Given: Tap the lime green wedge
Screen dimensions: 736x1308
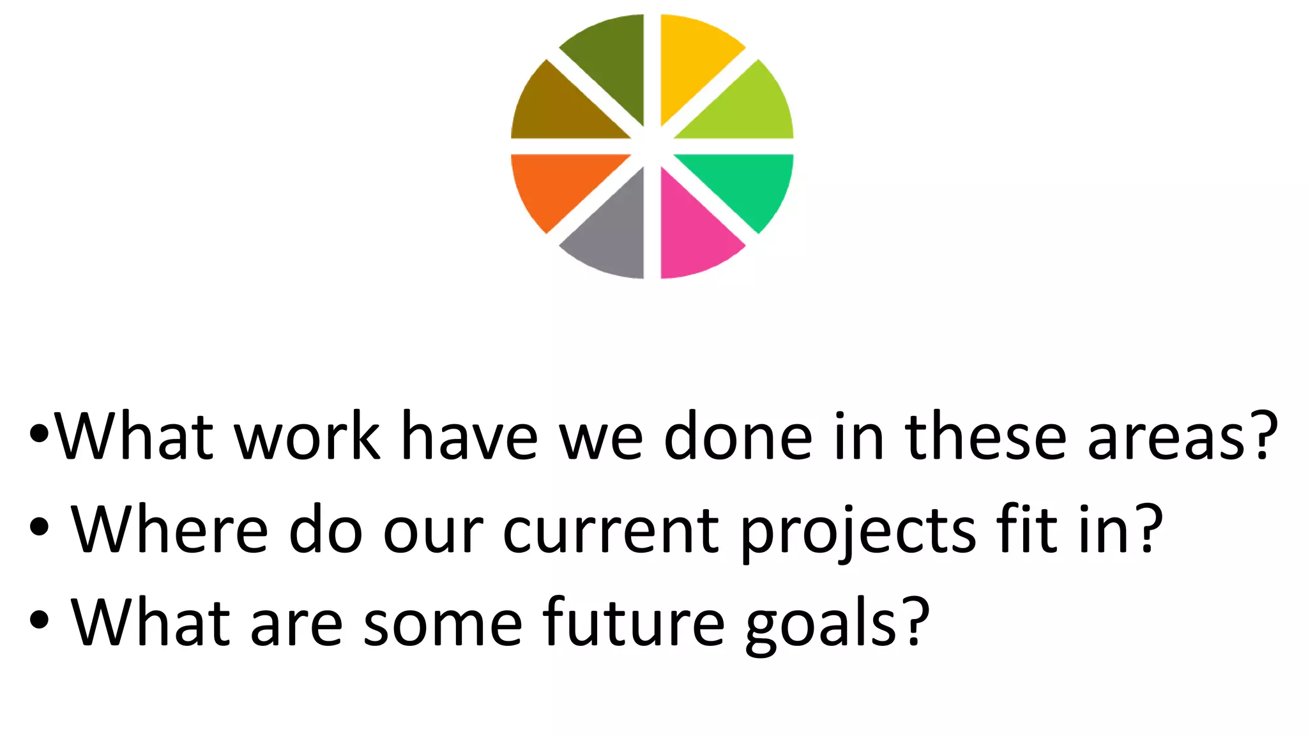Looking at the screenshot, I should (x=747, y=109).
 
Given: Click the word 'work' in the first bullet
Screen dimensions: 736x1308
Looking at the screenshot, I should (x=307, y=436).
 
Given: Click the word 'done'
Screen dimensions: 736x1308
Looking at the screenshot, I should (x=738, y=436).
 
